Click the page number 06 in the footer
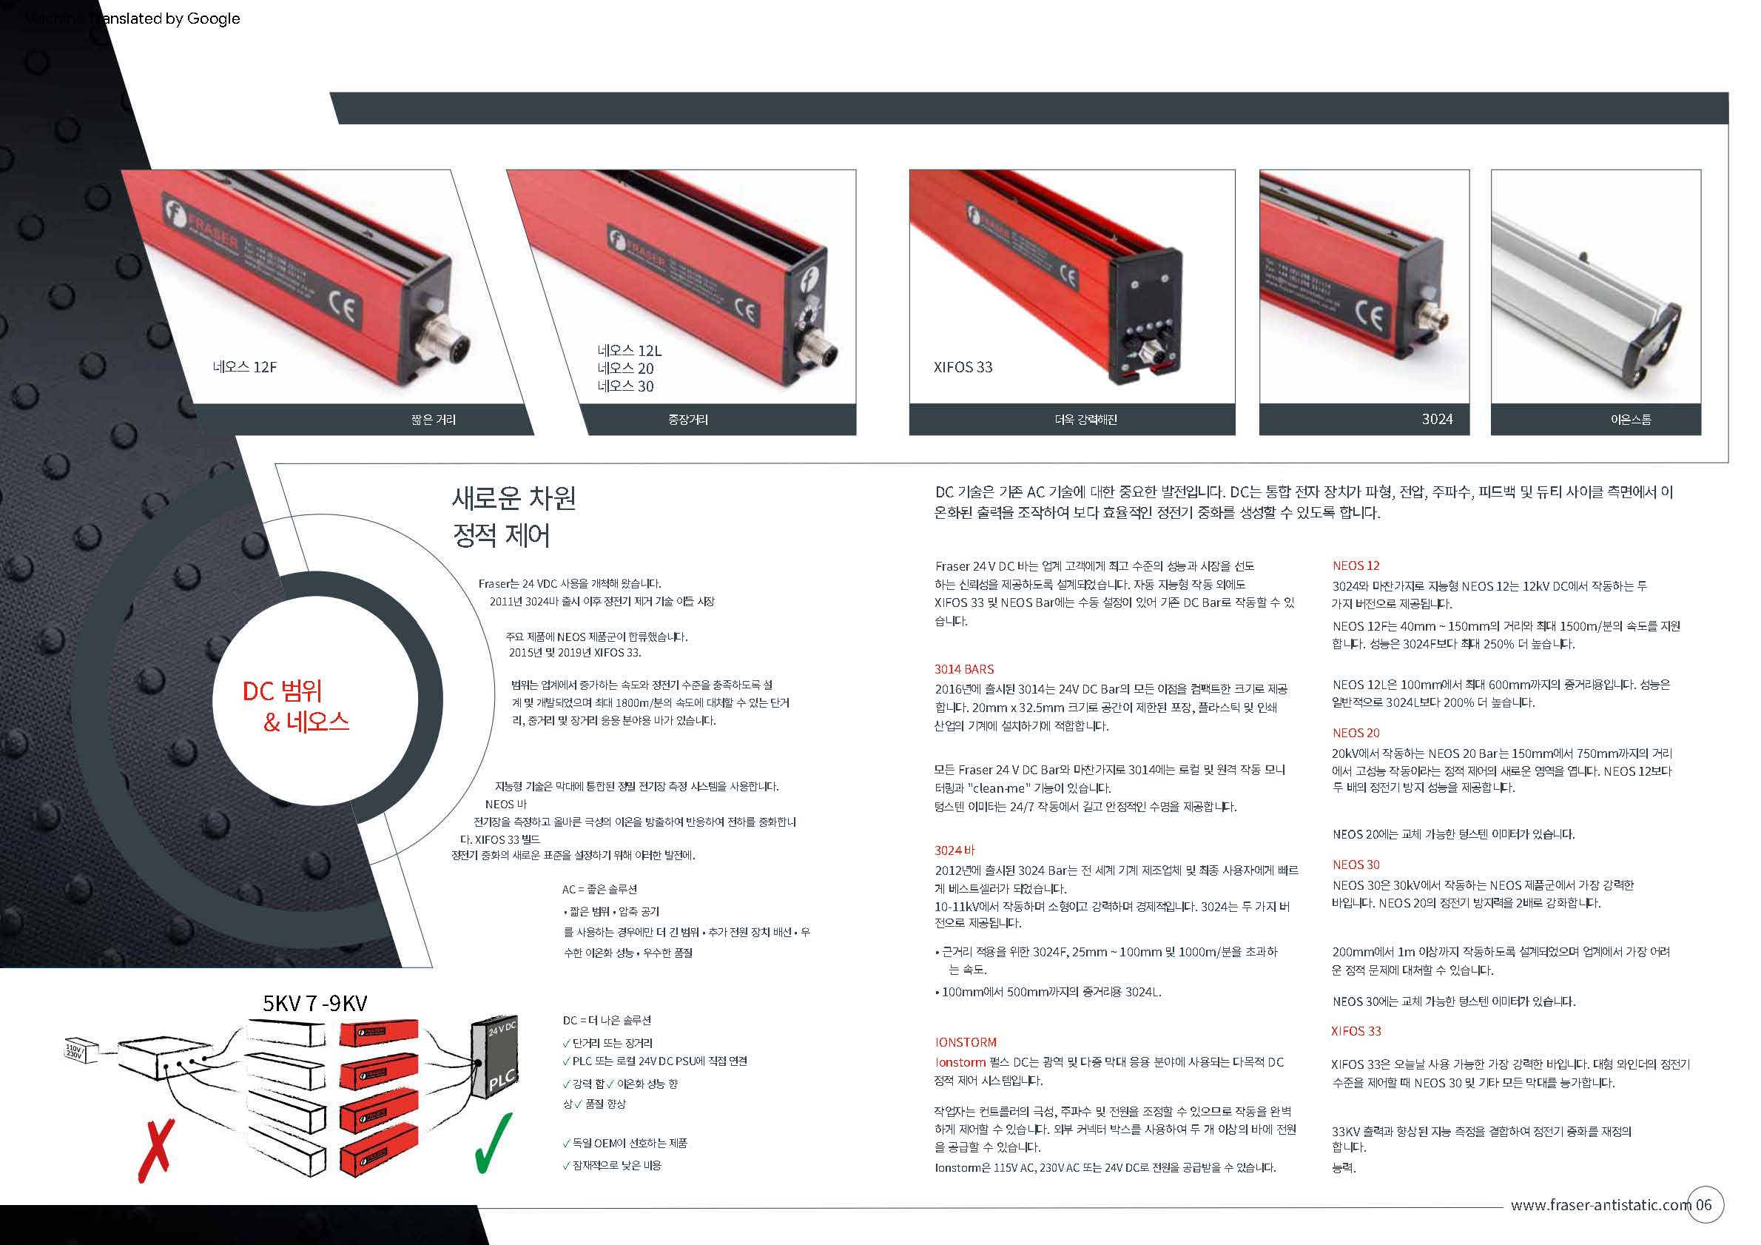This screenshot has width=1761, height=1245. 1703,1204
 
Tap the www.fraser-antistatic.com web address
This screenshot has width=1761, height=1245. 1600,1205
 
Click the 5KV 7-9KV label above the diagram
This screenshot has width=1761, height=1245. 314,1004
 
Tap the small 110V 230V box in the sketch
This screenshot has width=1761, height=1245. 80,1051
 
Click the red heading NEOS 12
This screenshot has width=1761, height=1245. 1356,566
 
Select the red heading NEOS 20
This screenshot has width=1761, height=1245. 1356,734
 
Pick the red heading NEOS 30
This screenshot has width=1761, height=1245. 1356,865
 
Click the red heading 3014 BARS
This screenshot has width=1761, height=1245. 963,670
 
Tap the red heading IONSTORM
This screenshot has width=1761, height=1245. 965,1042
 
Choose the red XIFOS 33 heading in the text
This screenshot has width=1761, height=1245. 1356,1032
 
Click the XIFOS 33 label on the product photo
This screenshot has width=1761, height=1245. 963,367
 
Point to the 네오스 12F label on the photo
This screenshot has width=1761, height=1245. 245,367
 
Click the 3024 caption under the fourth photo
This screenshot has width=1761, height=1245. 1437,420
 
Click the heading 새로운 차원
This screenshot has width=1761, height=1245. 513,499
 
